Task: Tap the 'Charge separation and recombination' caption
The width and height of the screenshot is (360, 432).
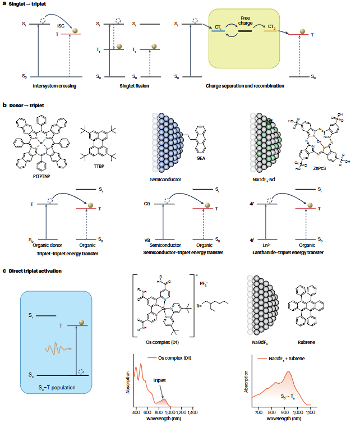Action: pyautogui.click(x=244, y=86)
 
